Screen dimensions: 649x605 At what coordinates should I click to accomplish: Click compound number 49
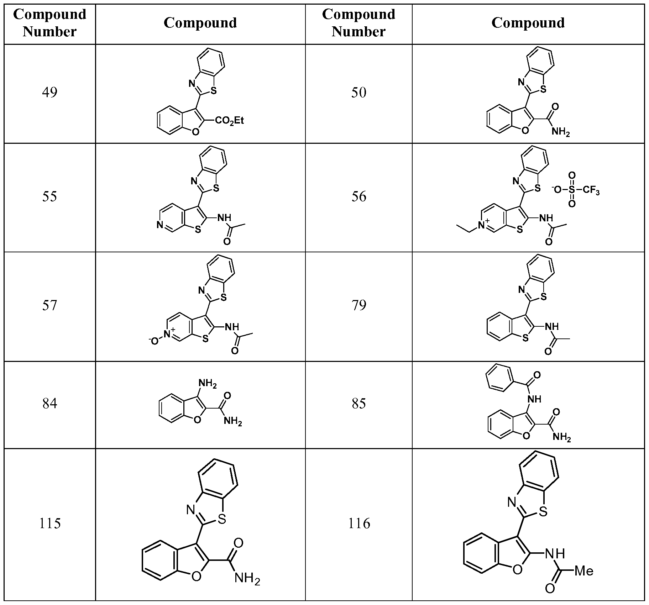tap(49, 93)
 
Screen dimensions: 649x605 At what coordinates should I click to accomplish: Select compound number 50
tap(358, 93)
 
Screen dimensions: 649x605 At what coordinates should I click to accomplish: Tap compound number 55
tap(49, 196)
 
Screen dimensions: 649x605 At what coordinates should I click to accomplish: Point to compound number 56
tap(358, 196)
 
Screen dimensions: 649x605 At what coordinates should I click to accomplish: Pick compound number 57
tap(49, 305)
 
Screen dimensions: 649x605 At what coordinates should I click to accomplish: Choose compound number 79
tap(358, 305)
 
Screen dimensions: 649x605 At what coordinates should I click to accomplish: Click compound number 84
tap(49, 404)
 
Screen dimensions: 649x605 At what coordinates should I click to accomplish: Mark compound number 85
tap(358, 404)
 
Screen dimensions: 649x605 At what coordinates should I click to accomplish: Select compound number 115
tap(49, 524)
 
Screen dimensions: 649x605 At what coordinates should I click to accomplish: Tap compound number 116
tap(359, 524)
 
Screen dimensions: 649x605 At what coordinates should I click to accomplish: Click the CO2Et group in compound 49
tap(230, 121)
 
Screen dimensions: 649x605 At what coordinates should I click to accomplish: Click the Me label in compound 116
tap(584, 572)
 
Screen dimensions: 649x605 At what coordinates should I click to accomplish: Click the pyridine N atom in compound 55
tap(160, 225)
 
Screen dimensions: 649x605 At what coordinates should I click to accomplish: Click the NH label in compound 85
tap(534, 399)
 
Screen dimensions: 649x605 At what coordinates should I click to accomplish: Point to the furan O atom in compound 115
tap(196, 576)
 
